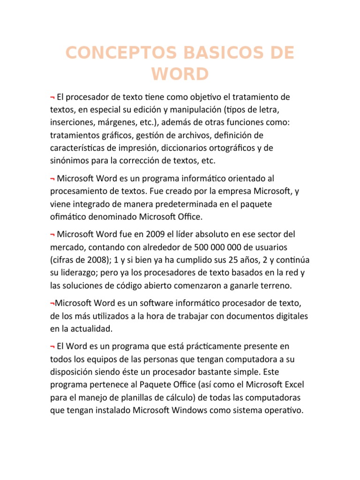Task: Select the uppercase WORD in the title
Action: click(180, 75)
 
